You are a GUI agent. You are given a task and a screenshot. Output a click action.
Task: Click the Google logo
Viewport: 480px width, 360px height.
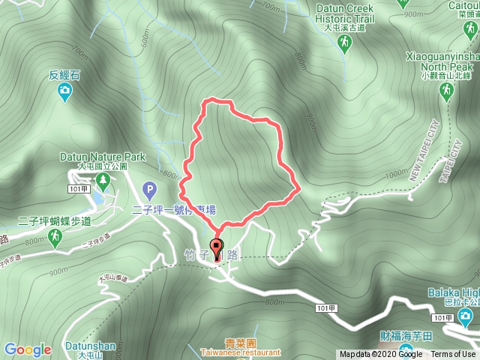tap(28, 349)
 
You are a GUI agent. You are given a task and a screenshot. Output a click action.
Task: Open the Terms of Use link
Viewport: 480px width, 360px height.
tap(453, 355)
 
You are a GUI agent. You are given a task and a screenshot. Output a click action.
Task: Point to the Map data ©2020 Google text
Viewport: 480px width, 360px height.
tap(380, 355)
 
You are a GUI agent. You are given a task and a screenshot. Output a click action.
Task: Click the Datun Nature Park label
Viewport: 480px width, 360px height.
tap(102, 157)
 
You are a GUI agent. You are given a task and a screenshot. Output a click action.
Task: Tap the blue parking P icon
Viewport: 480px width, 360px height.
tap(148, 189)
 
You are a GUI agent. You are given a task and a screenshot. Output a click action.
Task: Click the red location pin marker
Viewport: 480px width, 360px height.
tap(217, 248)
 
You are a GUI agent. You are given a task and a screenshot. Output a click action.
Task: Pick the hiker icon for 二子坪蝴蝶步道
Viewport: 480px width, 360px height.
tap(54, 238)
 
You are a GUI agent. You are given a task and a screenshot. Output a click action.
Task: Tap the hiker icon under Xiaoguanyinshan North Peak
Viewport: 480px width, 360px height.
tap(447, 91)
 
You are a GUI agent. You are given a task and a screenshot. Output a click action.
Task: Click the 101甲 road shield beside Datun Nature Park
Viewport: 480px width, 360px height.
tap(73, 190)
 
